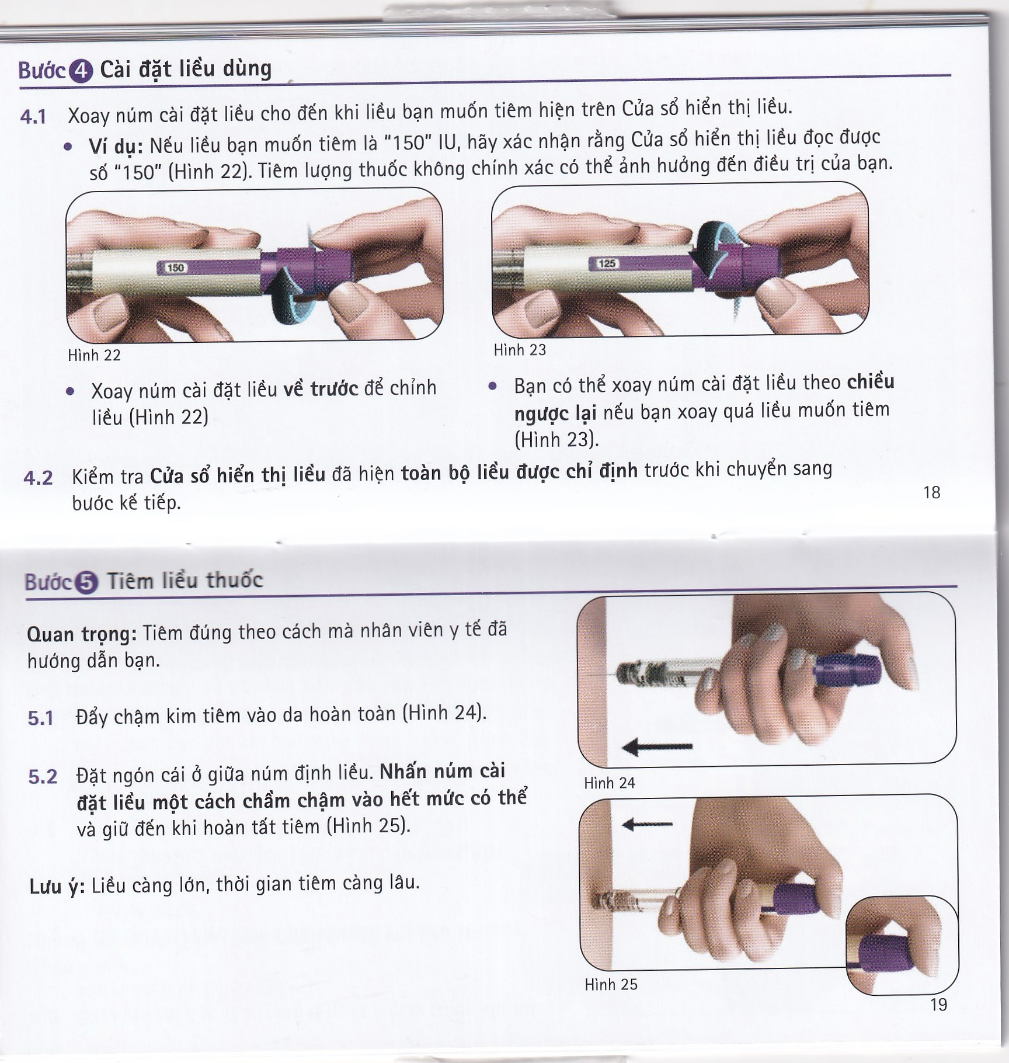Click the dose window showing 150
point(175,268)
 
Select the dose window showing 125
point(607,263)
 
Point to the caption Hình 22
point(94,355)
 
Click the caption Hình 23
point(520,350)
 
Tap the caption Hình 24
point(610,783)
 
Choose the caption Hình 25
point(611,984)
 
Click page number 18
point(931,492)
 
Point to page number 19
point(938,1005)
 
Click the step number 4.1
point(33,117)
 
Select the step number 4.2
point(38,478)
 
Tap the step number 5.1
point(40,718)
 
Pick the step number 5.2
point(43,776)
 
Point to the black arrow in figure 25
point(648,824)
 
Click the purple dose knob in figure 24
point(847,671)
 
